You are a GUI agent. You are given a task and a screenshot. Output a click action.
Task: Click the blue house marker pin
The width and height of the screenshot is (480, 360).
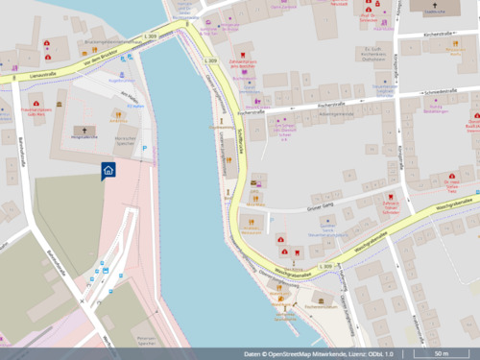(108, 170)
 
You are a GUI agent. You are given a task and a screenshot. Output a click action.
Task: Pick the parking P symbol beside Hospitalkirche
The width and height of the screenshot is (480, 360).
(145, 148)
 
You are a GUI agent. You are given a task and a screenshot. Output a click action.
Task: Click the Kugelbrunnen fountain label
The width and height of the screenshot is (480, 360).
(122, 81)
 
